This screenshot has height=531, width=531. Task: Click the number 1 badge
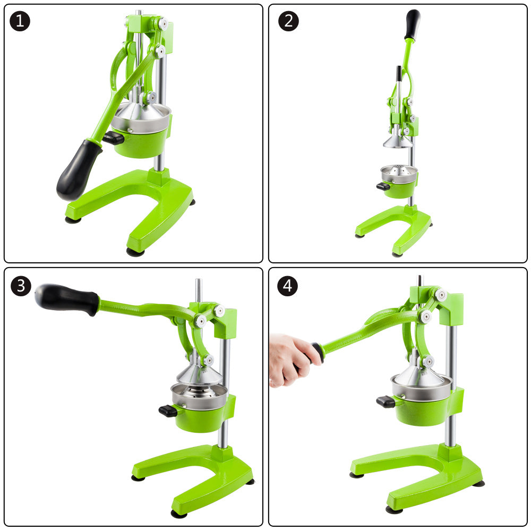[20, 21]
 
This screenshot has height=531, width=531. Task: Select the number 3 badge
[20, 286]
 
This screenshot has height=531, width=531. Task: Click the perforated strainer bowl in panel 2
[399, 174]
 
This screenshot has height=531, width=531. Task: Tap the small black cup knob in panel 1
[113, 139]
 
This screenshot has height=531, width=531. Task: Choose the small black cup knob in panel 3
[168, 410]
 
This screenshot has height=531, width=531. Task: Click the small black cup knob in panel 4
[386, 401]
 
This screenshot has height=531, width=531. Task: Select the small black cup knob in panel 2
[382, 186]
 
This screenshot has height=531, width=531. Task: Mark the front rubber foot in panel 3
[179, 513]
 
